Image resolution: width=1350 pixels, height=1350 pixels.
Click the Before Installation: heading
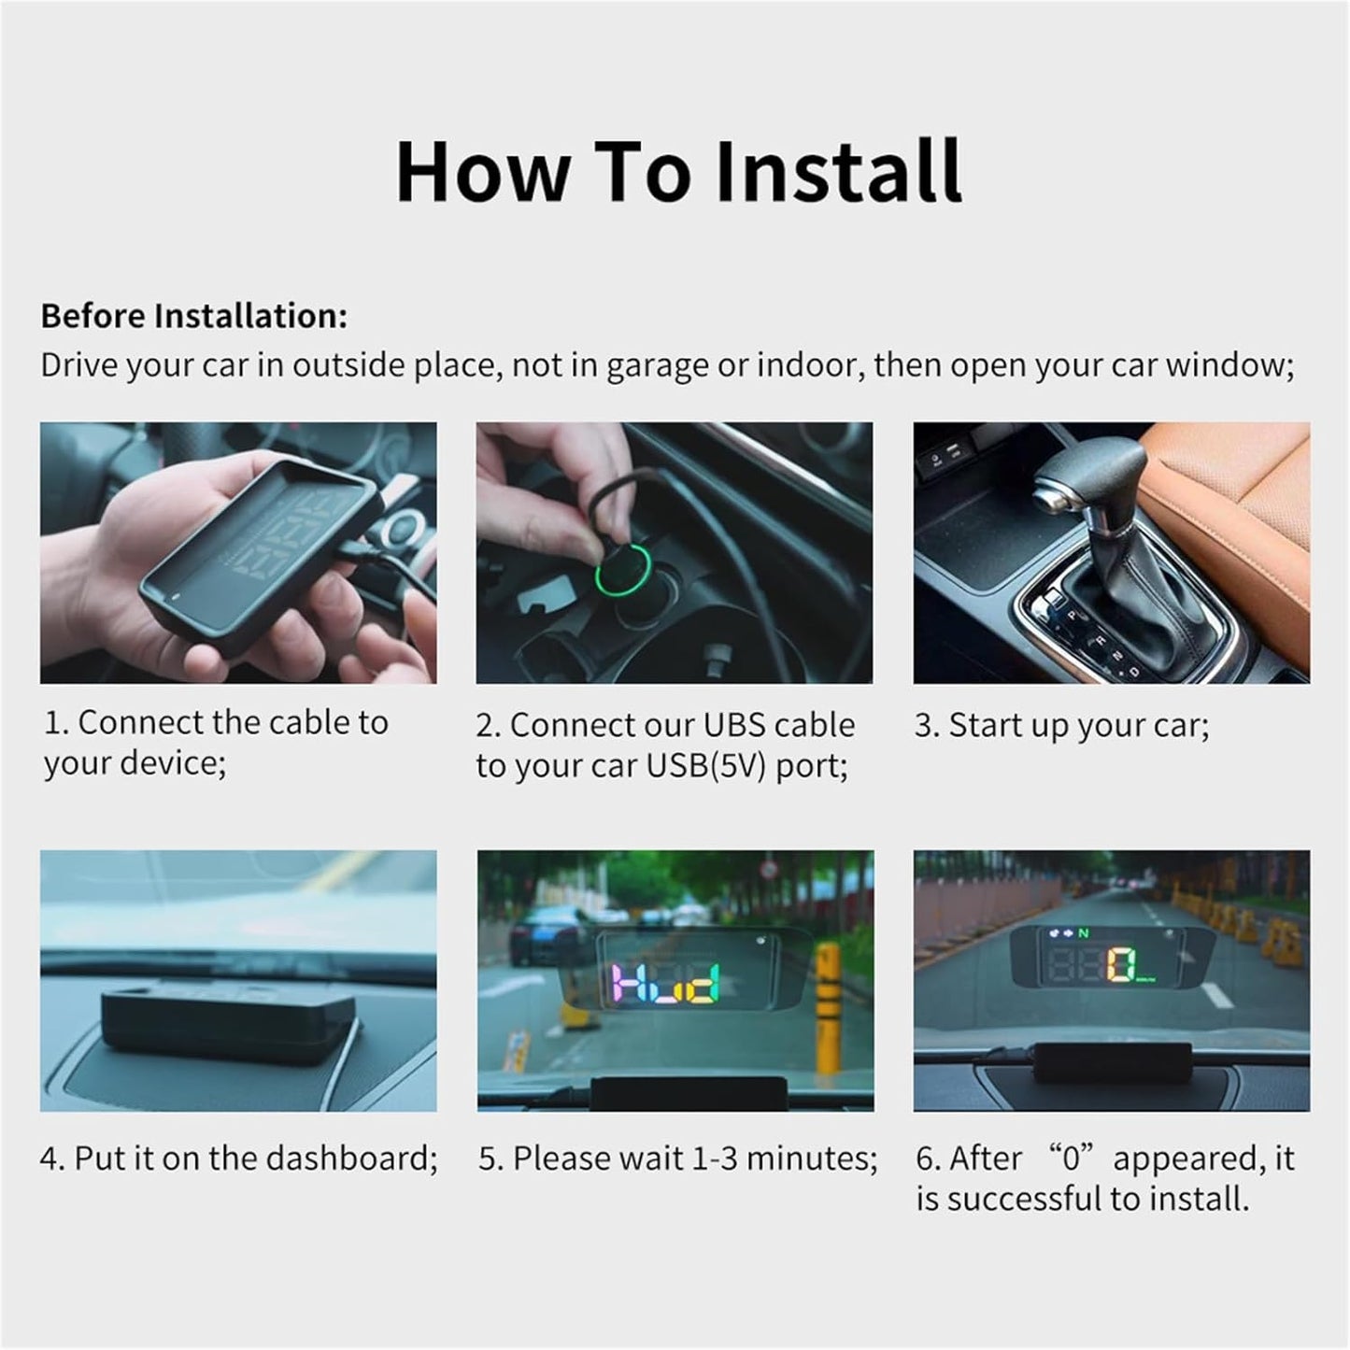tap(193, 316)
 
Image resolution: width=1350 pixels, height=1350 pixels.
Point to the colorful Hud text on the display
tap(670, 983)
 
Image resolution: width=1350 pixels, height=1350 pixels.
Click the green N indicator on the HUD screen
tap(1083, 932)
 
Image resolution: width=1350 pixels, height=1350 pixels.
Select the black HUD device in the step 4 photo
tap(230, 1026)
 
